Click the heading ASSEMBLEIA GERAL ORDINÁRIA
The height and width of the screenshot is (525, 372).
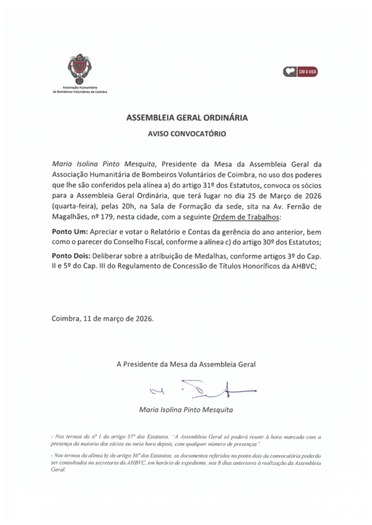187,118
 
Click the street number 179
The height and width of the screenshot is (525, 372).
107,217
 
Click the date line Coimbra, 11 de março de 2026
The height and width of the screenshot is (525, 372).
103,318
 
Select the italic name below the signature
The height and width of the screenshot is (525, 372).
186,410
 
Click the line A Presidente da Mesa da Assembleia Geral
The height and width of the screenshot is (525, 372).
186,365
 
